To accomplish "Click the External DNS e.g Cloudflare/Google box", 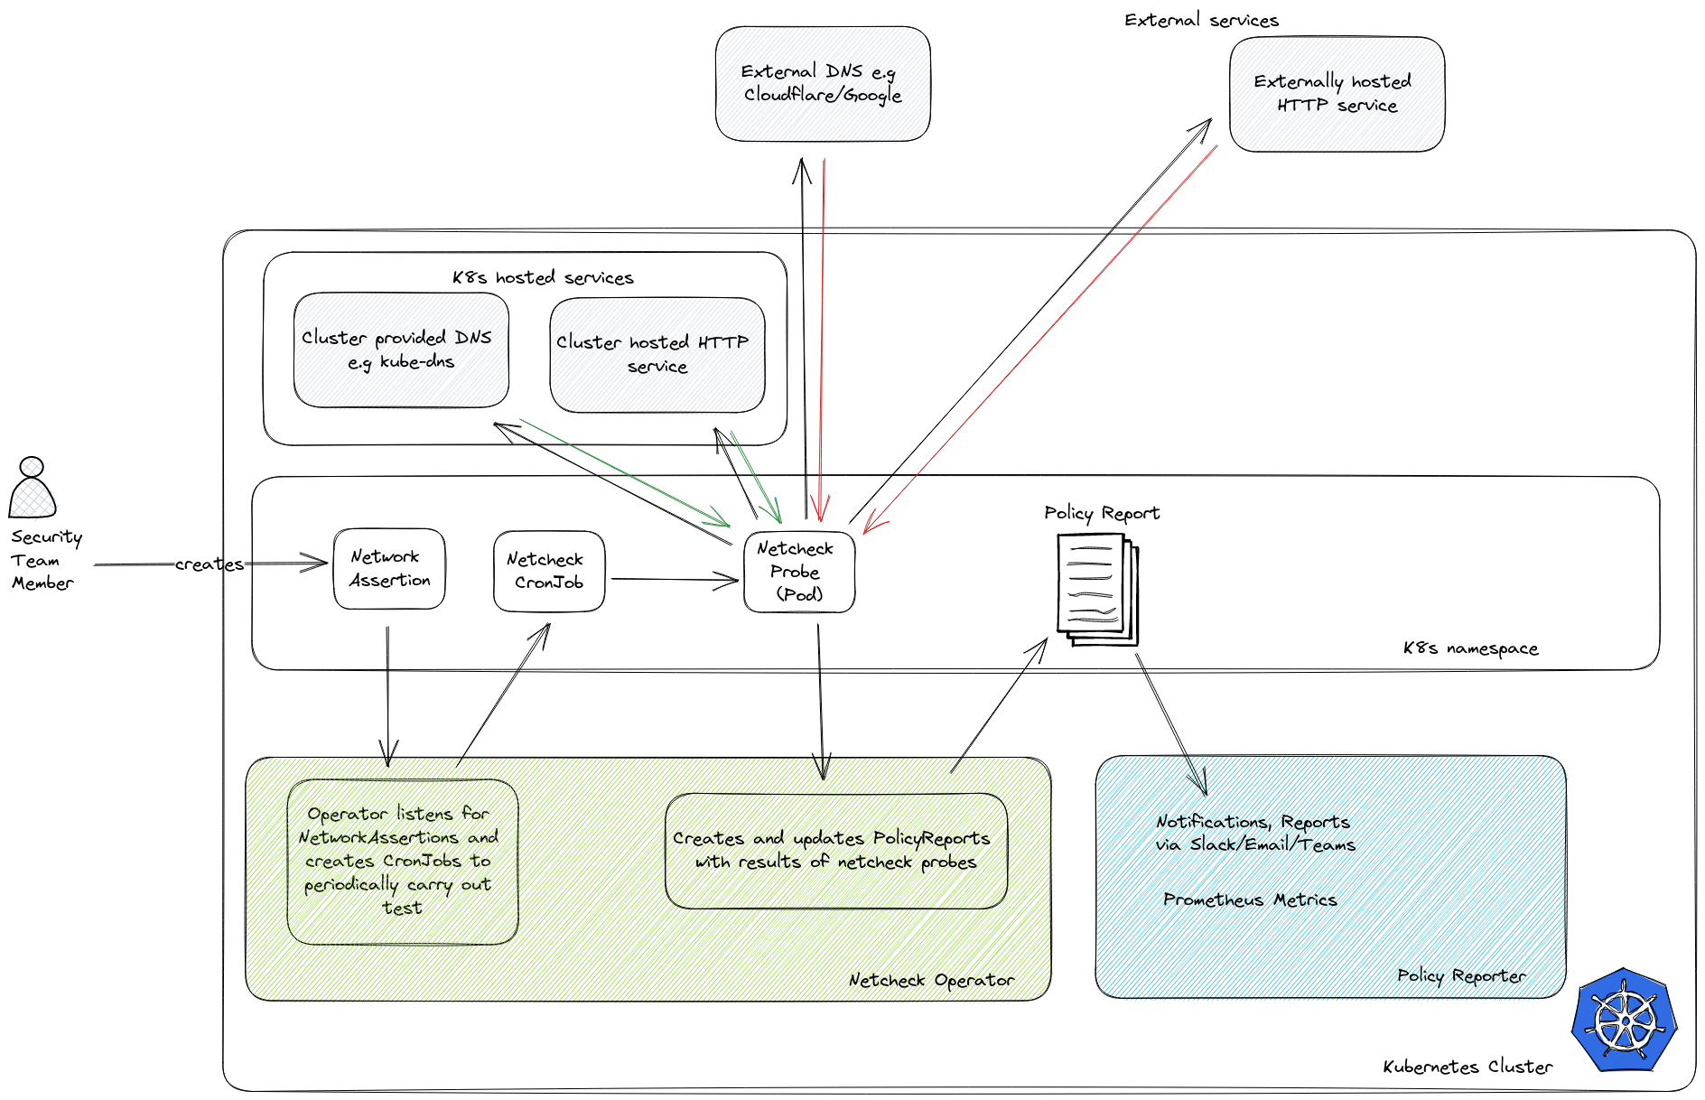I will click(823, 83).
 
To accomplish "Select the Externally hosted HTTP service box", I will click(1337, 94).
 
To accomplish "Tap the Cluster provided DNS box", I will click(401, 350).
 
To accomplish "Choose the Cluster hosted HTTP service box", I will click(657, 355).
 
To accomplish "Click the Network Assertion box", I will click(389, 569).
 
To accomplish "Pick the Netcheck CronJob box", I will click(549, 572).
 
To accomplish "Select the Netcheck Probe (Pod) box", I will click(799, 572).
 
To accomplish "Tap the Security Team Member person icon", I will click(33, 488).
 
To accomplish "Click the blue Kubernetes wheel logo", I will click(1624, 1021).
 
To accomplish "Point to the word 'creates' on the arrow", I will click(210, 564).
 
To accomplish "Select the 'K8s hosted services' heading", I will click(543, 277).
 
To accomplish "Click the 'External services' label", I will click(1201, 20).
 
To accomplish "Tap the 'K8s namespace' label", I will click(1470, 648).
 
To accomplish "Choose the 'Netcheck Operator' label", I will click(931, 980).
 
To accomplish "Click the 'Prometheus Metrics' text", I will click(1250, 900).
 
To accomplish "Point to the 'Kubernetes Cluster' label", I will click(1467, 1067).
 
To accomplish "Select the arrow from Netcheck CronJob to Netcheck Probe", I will click(673, 580).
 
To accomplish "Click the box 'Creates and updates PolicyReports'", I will click(835, 851).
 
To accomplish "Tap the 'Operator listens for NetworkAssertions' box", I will click(402, 862).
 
